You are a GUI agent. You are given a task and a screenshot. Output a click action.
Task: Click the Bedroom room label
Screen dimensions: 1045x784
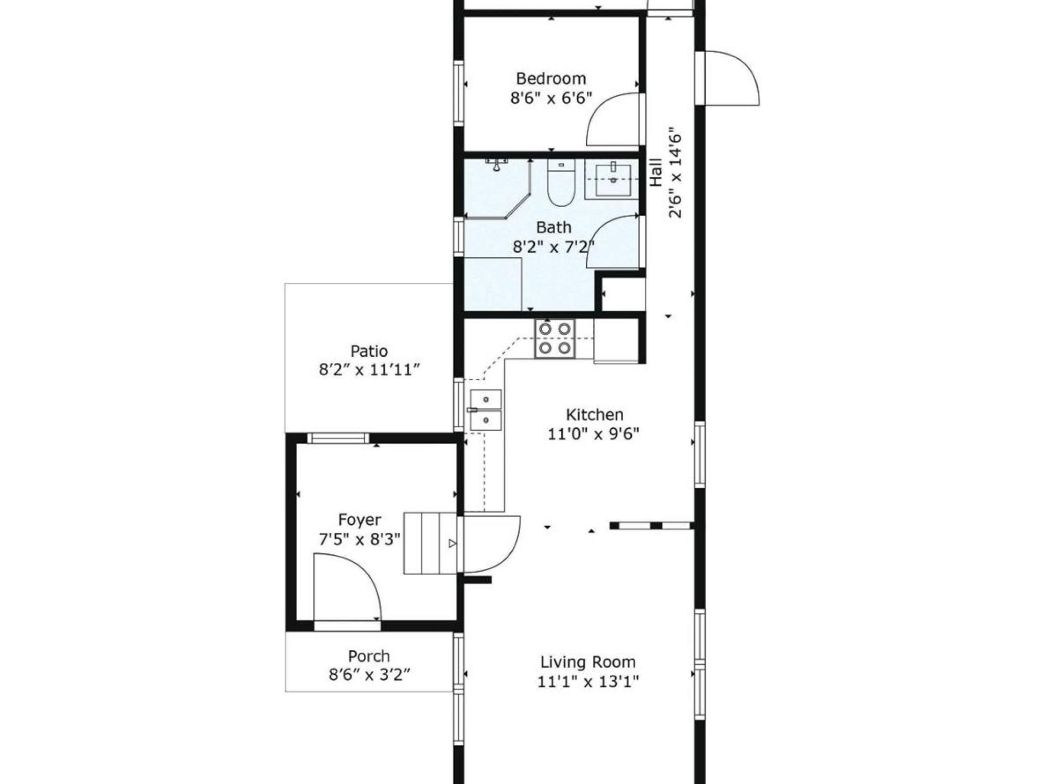point(551,79)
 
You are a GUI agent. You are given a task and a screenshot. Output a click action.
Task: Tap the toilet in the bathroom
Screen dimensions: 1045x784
point(561,182)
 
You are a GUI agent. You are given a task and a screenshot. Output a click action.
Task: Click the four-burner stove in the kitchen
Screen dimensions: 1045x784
point(555,338)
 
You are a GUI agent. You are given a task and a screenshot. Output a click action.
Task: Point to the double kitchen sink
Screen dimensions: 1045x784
point(486,410)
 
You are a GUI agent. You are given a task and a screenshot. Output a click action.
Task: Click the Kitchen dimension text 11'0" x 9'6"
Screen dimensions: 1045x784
point(593,434)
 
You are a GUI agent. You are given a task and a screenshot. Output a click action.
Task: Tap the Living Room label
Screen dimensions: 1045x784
point(588,662)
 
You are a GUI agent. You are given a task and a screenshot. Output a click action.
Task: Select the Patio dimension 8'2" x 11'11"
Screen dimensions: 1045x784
point(369,370)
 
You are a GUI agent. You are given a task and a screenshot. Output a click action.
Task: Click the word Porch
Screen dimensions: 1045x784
point(369,656)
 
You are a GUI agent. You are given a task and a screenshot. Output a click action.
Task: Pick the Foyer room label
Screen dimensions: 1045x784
point(360,520)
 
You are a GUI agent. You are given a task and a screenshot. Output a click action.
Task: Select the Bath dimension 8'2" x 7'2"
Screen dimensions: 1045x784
point(554,248)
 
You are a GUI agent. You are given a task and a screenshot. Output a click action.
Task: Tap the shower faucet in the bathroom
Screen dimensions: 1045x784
point(496,164)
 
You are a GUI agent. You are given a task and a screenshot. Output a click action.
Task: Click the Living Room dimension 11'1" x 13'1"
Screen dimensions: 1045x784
point(588,681)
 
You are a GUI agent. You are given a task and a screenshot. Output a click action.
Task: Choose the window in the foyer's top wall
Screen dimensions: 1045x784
point(338,438)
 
